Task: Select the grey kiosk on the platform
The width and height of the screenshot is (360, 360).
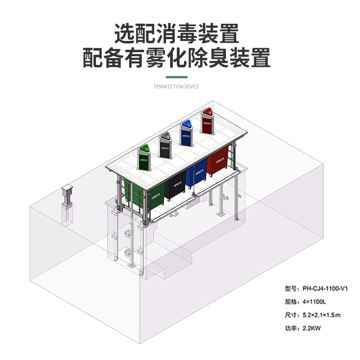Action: tap(166, 145)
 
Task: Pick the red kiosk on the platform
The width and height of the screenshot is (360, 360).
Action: tap(207, 120)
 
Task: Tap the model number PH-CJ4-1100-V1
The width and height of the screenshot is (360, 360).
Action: tap(326, 288)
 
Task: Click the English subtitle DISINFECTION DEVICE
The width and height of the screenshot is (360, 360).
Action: tap(176, 86)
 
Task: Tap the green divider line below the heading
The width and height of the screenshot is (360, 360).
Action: tap(176, 77)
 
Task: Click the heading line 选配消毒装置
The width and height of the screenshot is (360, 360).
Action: tap(176, 33)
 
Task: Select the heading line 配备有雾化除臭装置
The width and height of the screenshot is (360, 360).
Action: tap(176, 58)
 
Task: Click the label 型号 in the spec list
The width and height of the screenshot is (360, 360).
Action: tap(292, 288)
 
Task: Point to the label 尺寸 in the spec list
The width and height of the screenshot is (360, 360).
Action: tap(292, 315)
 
